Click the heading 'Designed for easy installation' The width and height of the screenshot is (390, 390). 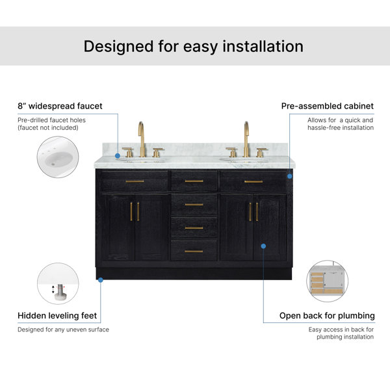pyautogui.click(x=194, y=47)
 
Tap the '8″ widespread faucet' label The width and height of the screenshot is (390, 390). pyautogui.click(x=60, y=106)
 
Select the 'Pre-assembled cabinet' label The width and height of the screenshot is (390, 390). pyautogui.click(x=328, y=106)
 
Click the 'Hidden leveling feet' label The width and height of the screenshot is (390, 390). pyautogui.click(x=57, y=315)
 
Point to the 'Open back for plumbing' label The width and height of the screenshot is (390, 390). pyautogui.click(x=327, y=316)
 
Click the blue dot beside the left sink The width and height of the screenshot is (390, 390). pyautogui.click(x=118, y=156)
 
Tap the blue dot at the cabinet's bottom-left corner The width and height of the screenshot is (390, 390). pyautogui.click(x=101, y=280)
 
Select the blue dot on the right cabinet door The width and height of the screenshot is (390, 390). pyautogui.click(x=263, y=246)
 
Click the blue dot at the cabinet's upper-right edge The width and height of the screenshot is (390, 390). pyautogui.click(x=290, y=176)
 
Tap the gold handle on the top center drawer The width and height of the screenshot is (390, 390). pyautogui.click(x=194, y=181)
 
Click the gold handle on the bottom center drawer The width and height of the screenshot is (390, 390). pyautogui.click(x=194, y=251)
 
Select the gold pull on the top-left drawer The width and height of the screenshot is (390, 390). pyautogui.click(x=135, y=181)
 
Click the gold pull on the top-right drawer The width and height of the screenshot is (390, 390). pyautogui.click(x=253, y=181)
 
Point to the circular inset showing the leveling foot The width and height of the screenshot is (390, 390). pyautogui.click(x=58, y=283)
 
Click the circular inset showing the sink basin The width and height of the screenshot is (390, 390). pyautogui.click(x=58, y=157)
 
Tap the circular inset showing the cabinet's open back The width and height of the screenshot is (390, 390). pyautogui.click(x=328, y=281)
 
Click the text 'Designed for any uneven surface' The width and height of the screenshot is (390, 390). pyautogui.click(x=63, y=330)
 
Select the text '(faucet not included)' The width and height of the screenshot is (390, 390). pyautogui.click(x=48, y=127)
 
